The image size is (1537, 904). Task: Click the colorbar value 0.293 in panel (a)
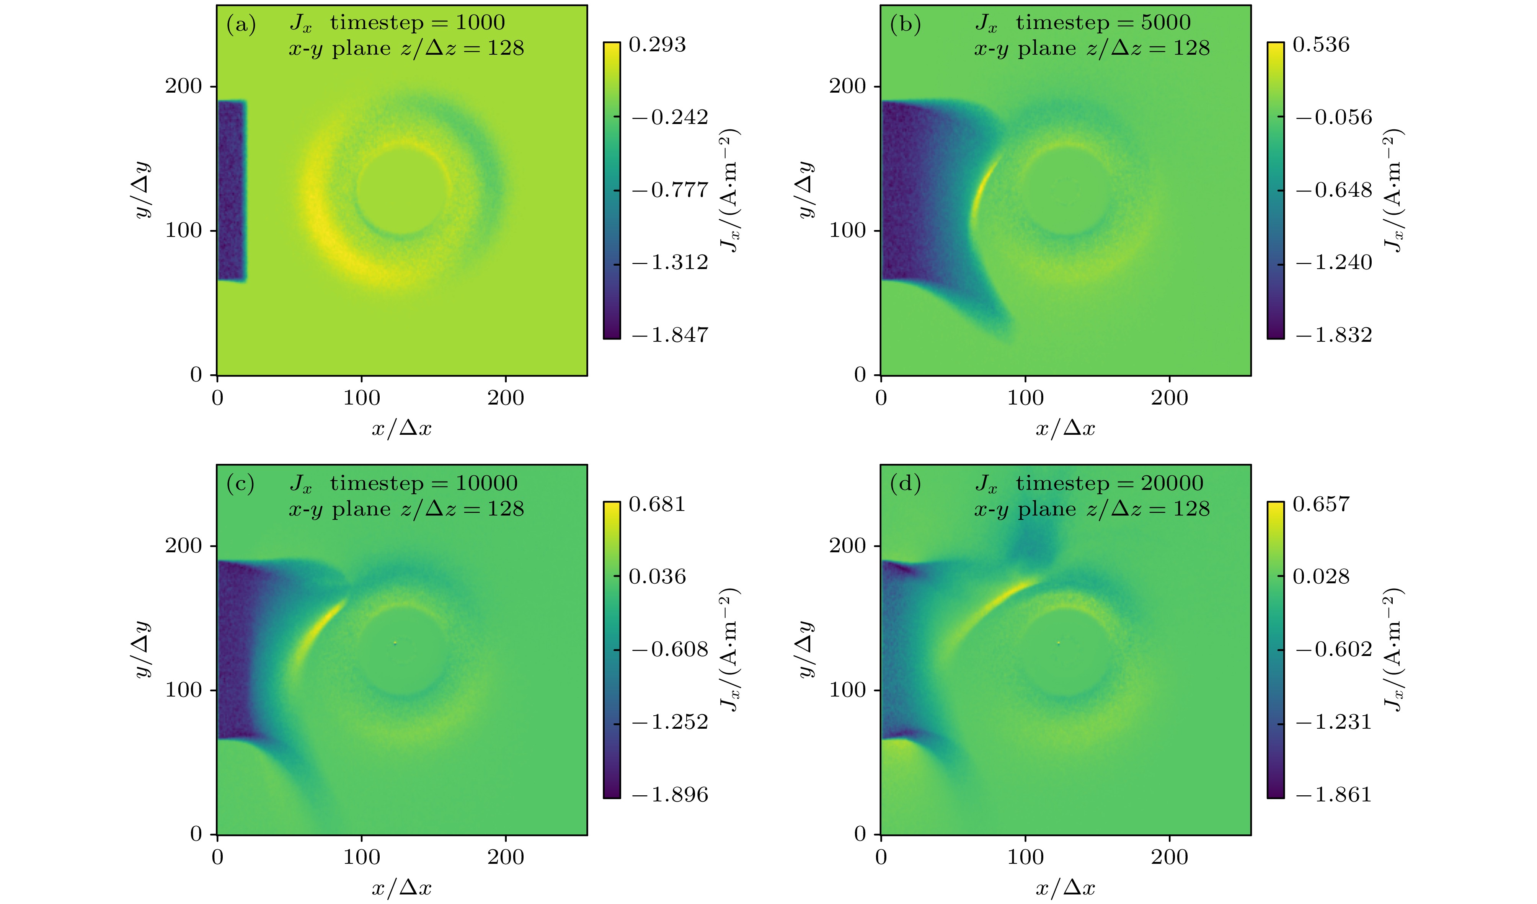(x=657, y=44)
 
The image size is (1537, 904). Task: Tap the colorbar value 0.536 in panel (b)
(x=1321, y=44)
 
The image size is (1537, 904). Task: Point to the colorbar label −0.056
(x=1334, y=117)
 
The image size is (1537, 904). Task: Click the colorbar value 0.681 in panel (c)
(x=657, y=504)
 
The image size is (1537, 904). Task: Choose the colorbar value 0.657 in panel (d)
(x=1321, y=504)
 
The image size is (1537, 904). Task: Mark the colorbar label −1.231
(x=1334, y=722)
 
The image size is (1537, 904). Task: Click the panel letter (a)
(x=241, y=24)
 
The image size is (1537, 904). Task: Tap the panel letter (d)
(x=905, y=484)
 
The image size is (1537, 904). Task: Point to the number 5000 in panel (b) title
(x=1165, y=23)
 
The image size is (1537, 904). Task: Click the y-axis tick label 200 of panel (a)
(x=183, y=86)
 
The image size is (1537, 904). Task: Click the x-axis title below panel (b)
(x=1065, y=428)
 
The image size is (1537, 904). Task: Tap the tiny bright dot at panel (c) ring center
(x=395, y=643)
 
